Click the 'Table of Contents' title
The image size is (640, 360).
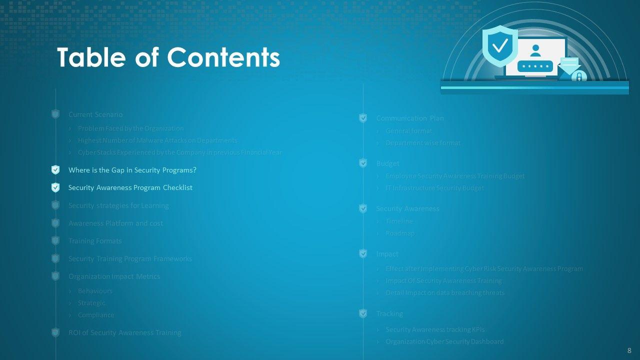pyautogui.click(x=168, y=57)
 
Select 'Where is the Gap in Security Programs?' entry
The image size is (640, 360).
pyautogui.click(x=132, y=170)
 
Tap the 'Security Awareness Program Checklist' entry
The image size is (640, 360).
pyautogui.click(x=130, y=187)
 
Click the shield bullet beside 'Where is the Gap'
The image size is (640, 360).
pyautogui.click(x=55, y=170)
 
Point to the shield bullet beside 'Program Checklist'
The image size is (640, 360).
pyautogui.click(x=55, y=187)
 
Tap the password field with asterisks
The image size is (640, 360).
pyautogui.click(x=535, y=66)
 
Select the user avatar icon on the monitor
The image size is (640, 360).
pyautogui.click(x=535, y=50)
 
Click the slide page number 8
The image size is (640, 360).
pyautogui.click(x=629, y=350)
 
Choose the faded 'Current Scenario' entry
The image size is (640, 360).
pyautogui.click(x=95, y=114)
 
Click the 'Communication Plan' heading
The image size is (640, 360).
pyautogui.click(x=409, y=118)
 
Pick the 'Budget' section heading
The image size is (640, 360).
pyautogui.click(x=387, y=163)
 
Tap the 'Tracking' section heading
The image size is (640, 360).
pyautogui.click(x=389, y=313)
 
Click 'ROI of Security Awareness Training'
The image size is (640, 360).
pyautogui.click(x=124, y=332)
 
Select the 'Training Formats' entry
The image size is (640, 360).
pyautogui.click(x=95, y=241)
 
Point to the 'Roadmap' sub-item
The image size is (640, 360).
pyautogui.click(x=400, y=233)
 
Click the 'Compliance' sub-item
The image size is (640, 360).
pyautogui.click(x=96, y=315)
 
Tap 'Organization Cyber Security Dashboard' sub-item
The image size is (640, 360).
pyautogui.click(x=444, y=341)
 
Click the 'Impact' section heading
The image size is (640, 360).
pyautogui.click(x=387, y=254)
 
